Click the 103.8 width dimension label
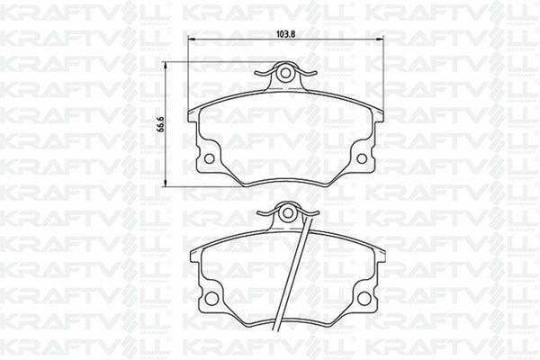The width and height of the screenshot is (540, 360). coord(285,34)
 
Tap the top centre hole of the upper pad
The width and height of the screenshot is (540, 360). coord(285,74)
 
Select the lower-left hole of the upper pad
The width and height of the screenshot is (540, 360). coord(210,158)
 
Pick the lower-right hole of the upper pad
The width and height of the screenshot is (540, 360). coord(362,158)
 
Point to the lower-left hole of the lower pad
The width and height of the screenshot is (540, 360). coord(211,296)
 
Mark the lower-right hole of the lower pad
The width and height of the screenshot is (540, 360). coord(363,296)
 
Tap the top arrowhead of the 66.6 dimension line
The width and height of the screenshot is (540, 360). coord(170,65)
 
